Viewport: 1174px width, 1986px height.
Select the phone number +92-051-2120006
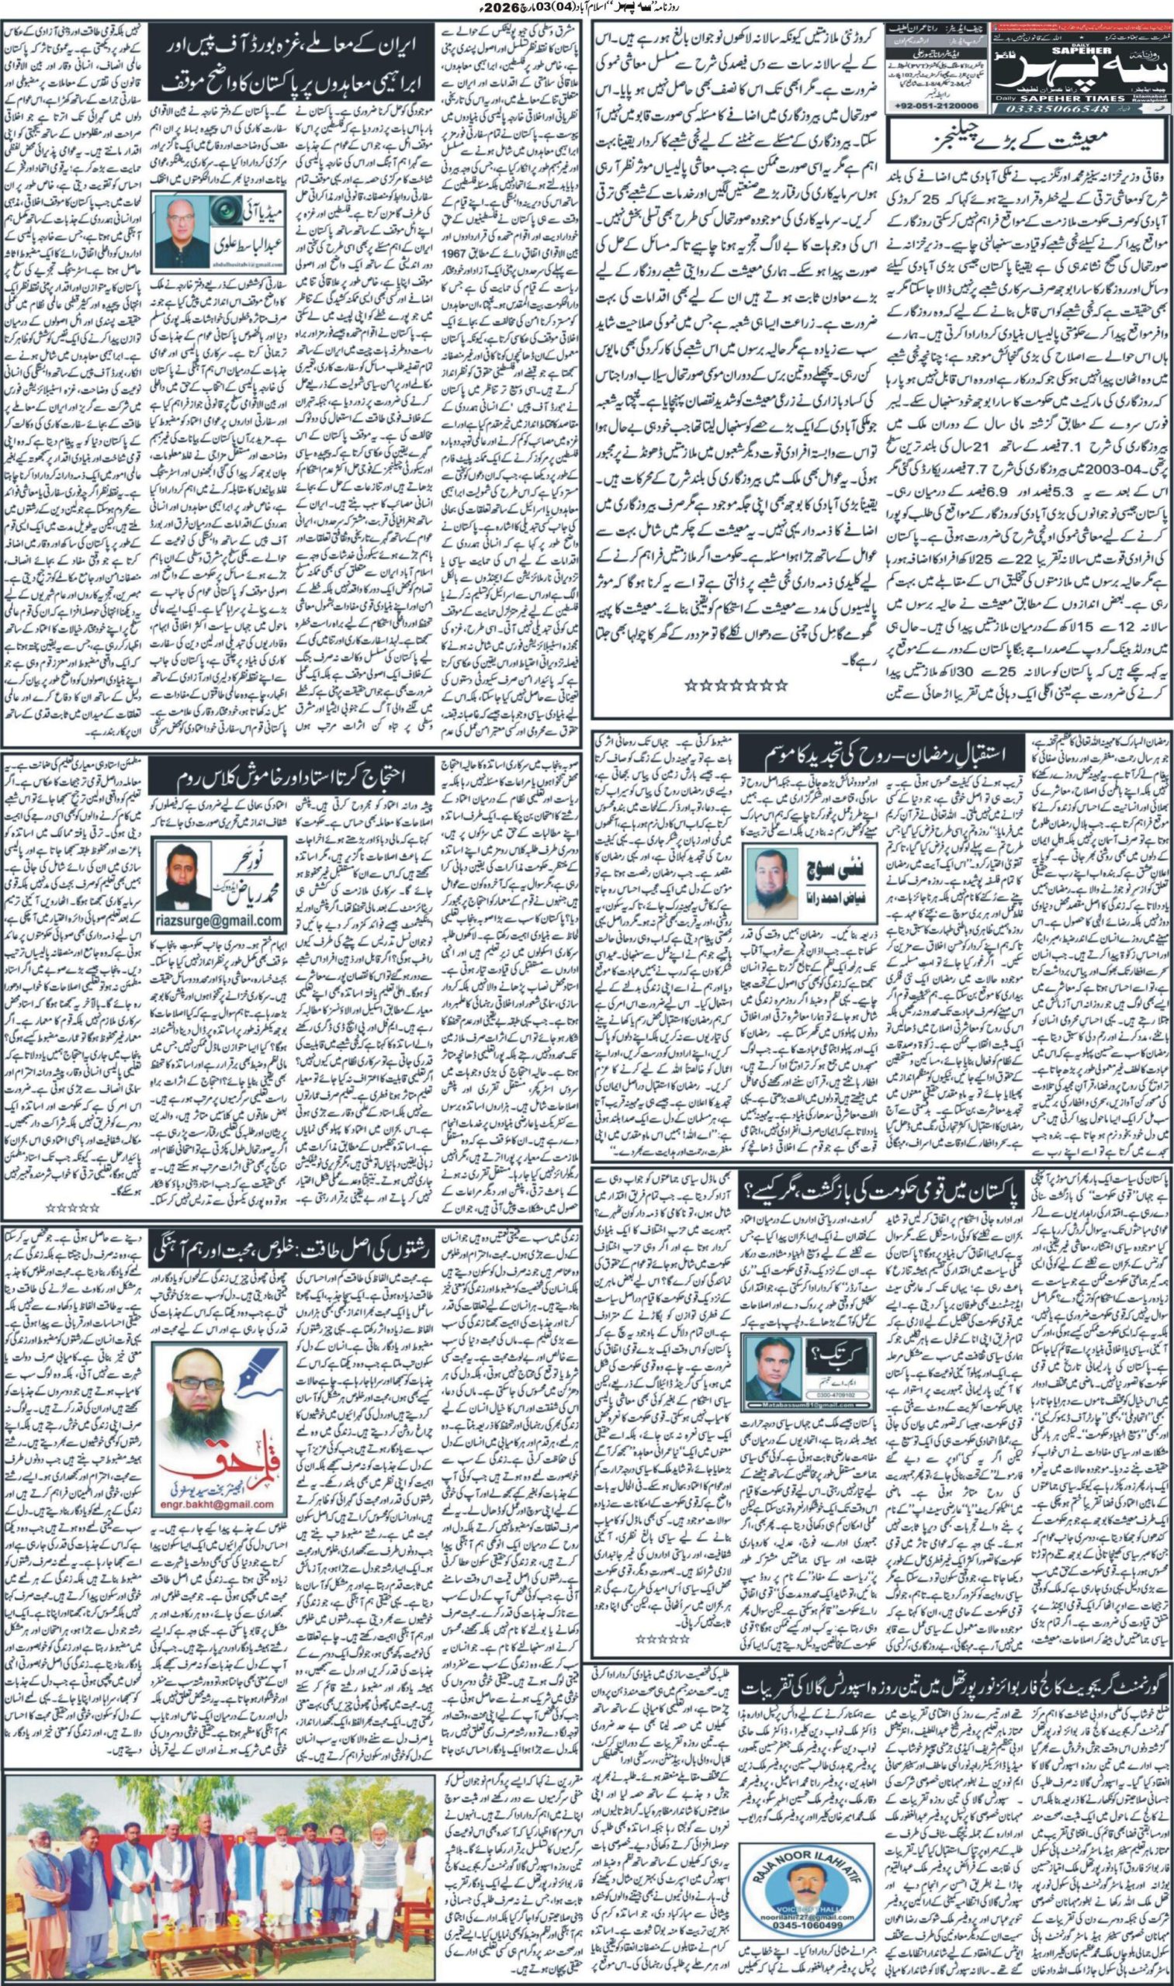[x=937, y=106]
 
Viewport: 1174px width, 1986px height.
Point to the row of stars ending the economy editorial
[x=736, y=685]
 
